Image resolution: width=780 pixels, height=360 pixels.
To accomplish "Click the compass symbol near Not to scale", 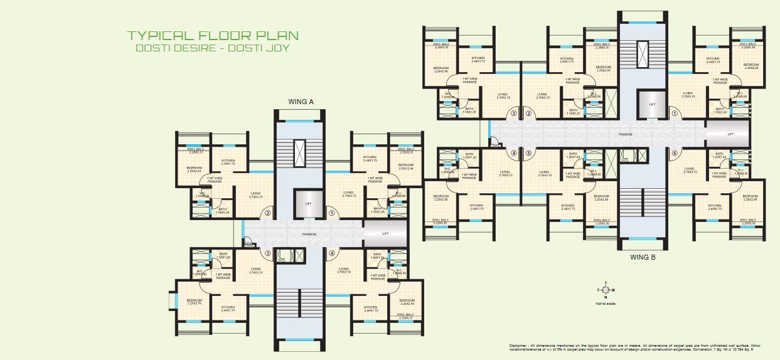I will [606, 290].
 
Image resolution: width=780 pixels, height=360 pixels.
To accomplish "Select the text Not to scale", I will [606, 303].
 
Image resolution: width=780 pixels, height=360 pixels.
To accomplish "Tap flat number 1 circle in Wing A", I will [331, 213].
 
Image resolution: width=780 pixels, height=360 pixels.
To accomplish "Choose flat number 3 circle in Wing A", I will [267, 253].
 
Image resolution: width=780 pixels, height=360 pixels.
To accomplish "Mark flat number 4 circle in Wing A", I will [331, 253].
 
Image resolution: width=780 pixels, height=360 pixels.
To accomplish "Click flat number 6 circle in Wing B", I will [675, 153].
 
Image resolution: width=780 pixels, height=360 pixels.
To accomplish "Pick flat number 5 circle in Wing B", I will [529, 153].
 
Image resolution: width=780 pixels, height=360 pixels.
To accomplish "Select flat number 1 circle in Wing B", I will [675, 114].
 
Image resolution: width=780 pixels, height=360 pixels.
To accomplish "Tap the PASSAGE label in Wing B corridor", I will [625, 134].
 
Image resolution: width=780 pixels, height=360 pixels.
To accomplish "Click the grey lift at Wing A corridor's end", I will [385, 233].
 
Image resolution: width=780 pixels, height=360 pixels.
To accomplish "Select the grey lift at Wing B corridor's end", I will [729, 134].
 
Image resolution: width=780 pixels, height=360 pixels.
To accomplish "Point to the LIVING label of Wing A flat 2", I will [255, 193].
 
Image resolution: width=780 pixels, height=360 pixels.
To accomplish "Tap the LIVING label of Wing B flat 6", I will [689, 169].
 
